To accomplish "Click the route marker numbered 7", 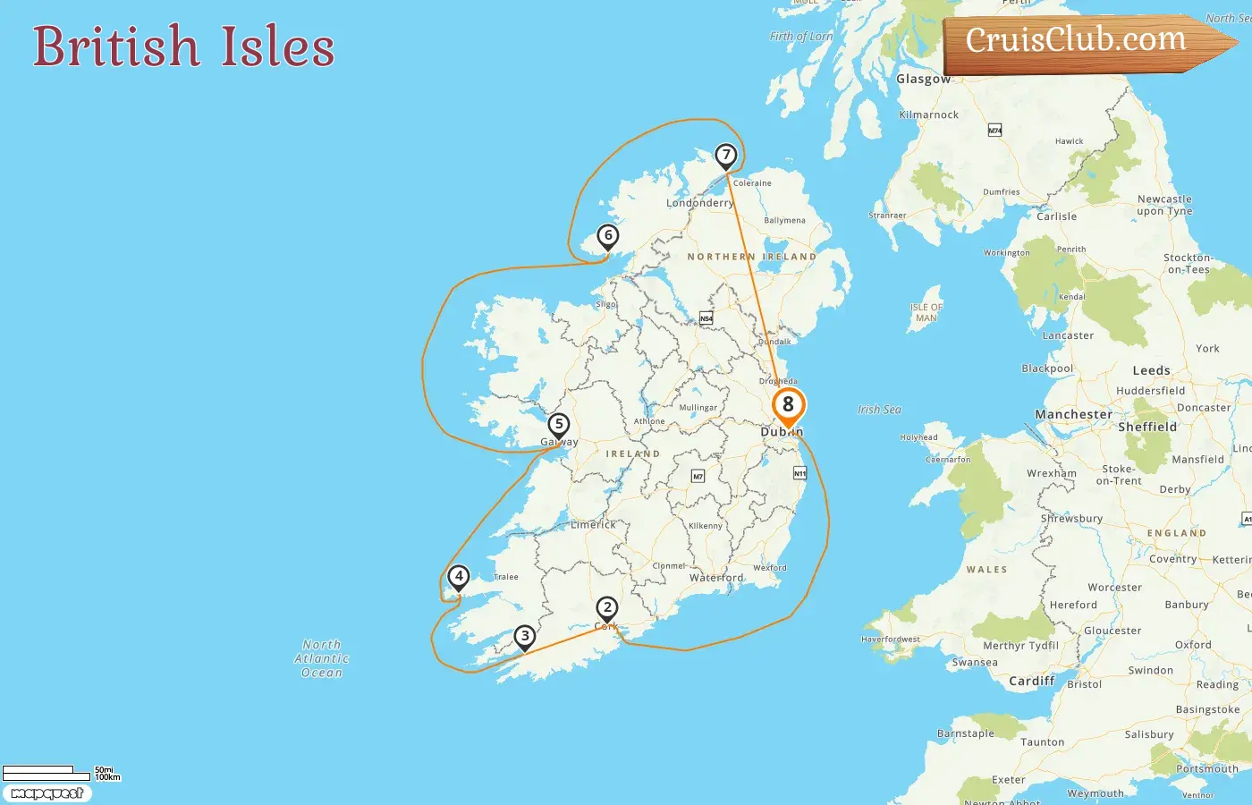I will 726,157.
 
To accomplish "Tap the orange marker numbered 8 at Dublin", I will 788,405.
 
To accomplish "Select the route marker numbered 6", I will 608,237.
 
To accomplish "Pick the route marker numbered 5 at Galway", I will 559,426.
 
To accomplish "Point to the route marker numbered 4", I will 459,578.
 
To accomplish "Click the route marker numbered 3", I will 525,638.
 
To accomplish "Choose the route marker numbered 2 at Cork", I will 607,609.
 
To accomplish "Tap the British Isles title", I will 184,47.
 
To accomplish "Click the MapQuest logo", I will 47,793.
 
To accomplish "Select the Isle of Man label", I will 926,312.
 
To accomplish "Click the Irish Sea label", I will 880,410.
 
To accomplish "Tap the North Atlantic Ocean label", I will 322,658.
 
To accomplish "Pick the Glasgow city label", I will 924,79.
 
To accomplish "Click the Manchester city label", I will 1074,415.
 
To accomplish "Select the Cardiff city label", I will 1032,681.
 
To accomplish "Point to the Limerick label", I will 594,524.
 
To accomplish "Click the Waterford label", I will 716,578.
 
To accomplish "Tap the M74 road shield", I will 994,131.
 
